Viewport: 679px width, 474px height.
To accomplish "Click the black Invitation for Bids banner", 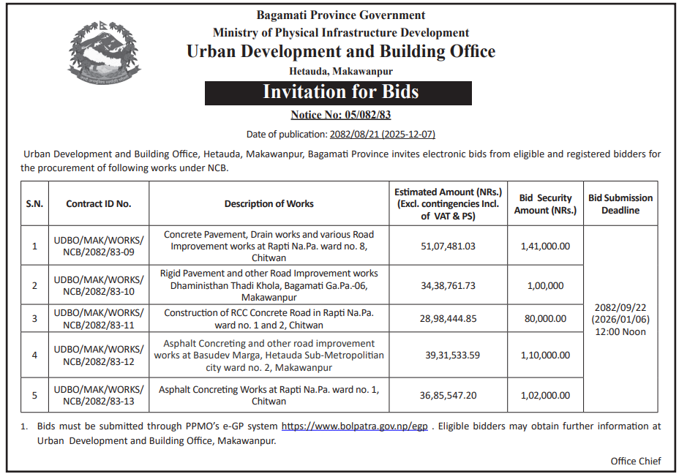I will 340,92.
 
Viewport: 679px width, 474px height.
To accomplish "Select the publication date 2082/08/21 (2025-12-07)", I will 382,134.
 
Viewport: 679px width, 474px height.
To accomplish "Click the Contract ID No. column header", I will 99,204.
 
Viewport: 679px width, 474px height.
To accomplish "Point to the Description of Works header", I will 269,204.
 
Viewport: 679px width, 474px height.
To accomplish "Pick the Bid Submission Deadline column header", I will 620,204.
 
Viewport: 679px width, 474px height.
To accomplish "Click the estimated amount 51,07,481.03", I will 448,247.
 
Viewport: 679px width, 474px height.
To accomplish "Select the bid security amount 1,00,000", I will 545,285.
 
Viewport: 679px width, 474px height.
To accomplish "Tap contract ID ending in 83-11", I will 99,318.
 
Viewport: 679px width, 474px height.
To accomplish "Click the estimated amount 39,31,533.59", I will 452,355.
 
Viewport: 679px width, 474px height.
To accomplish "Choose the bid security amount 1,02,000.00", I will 545,395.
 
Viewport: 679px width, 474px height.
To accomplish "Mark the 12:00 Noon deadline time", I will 620,331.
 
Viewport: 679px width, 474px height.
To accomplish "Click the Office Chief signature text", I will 636,461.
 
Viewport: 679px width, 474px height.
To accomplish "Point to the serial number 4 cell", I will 34,355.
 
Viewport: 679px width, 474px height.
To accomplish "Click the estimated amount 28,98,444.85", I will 448,318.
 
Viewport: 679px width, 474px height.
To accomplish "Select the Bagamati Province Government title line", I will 340,15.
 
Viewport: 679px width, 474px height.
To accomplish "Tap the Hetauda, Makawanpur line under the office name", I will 341,71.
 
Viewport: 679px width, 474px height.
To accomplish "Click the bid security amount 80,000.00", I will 545,318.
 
